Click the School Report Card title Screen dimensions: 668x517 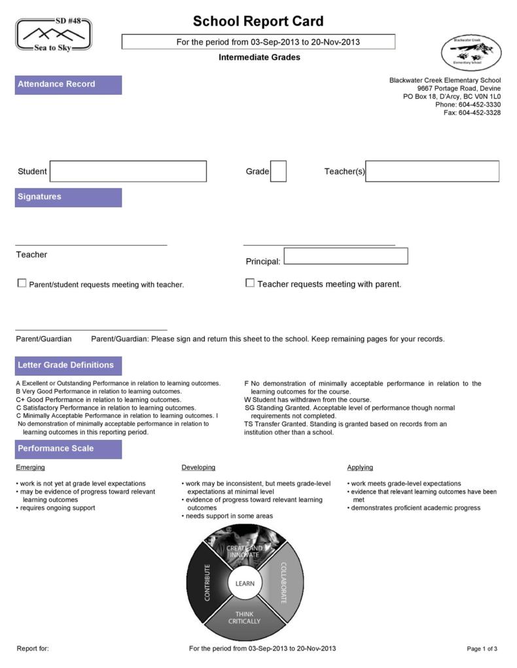(x=258, y=21)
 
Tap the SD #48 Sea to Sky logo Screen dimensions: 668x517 (x=54, y=34)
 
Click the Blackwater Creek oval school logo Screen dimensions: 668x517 (x=471, y=52)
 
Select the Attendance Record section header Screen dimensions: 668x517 (x=68, y=84)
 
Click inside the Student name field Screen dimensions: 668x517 (x=128, y=171)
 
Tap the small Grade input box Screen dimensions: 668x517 (x=278, y=171)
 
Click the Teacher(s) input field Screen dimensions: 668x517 (x=432, y=171)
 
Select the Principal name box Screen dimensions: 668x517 (x=346, y=256)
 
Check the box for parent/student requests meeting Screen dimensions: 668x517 (x=22, y=284)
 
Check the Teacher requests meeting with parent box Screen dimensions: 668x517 (x=250, y=283)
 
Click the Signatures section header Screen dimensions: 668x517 (x=68, y=197)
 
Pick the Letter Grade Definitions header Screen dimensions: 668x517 (x=68, y=365)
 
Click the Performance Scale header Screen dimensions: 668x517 (x=68, y=448)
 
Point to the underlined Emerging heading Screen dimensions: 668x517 (x=30, y=467)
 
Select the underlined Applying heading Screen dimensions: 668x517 (x=360, y=467)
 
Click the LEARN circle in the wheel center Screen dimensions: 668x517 (x=245, y=583)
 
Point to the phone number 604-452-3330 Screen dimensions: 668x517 (x=479, y=105)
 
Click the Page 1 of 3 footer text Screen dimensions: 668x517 (x=482, y=649)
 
